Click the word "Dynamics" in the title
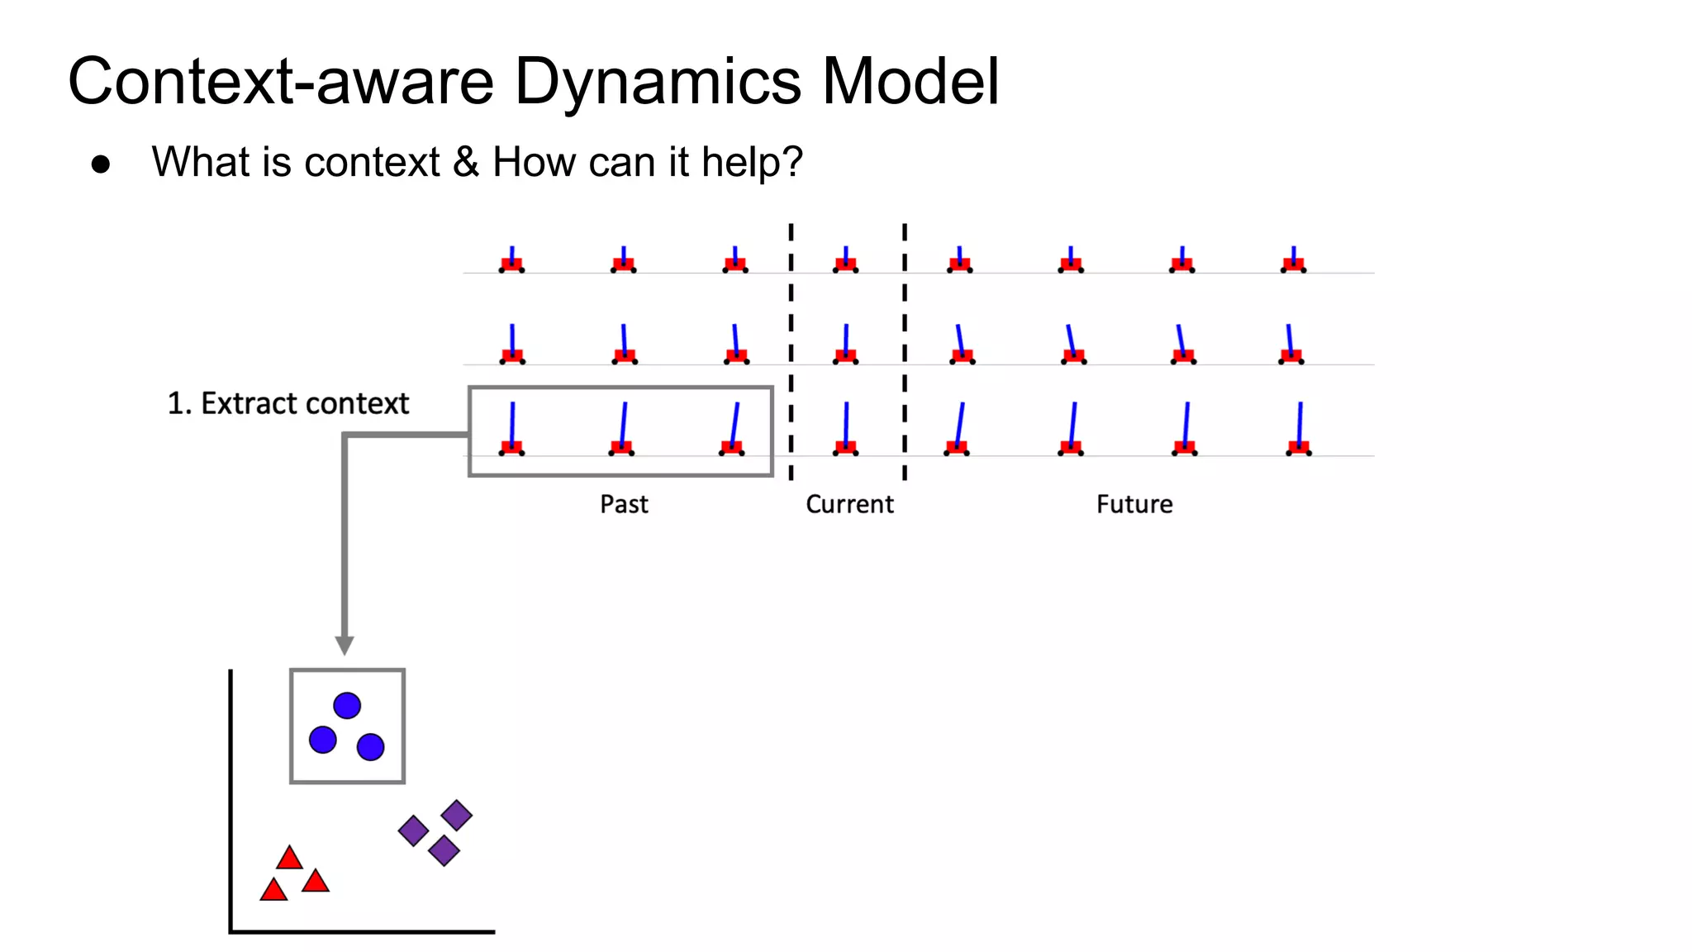[x=658, y=83]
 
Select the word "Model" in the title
[x=910, y=83]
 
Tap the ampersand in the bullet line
[x=466, y=162]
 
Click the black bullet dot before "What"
[x=101, y=164]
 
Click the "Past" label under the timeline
[x=624, y=504]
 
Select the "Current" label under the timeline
[x=849, y=504]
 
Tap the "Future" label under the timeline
[x=1134, y=504]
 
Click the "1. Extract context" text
[x=288, y=403]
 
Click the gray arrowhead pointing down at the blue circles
[x=345, y=645]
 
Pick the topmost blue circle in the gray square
[x=347, y=706]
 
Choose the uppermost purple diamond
[x=456, y=816]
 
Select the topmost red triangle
[x=289, y=859]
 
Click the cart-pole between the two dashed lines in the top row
[x=845, y=261]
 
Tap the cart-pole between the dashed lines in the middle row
[x=845, y=347]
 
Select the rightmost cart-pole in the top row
[x=1293, y=261]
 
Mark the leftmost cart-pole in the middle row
[x=512, y=347]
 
